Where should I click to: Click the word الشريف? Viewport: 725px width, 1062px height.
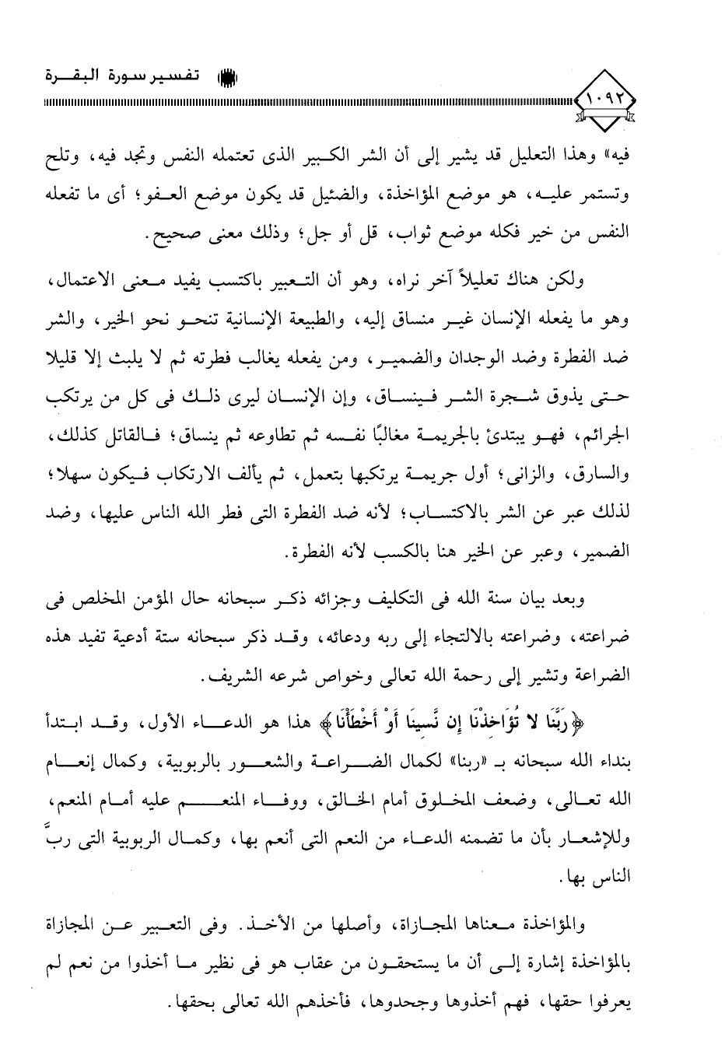[234, 675]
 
